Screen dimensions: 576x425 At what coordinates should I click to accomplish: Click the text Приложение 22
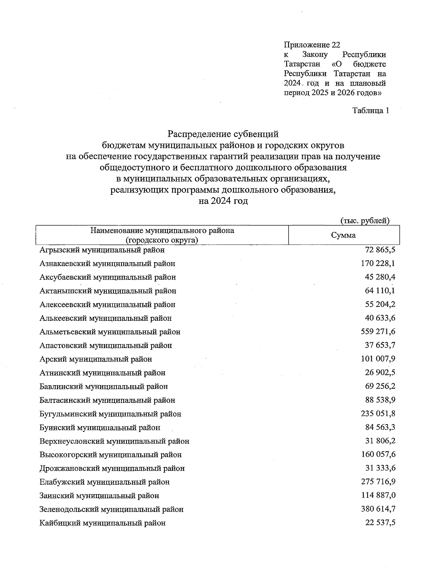click(x=312, y=45)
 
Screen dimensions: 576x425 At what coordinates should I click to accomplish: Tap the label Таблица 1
click(x=370, y=111)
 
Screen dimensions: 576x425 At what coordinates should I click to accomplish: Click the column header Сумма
click(x=343, y=235)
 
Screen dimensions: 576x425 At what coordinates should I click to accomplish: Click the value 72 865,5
click(x=380, y=250)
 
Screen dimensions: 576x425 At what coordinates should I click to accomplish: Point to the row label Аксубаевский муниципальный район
click(x=108, y=277)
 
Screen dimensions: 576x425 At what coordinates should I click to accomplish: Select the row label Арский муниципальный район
click(x=96, y=359)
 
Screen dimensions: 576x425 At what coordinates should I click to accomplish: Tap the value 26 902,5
click(x=380, y=372)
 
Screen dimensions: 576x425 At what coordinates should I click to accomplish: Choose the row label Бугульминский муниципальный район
click(x=110, y=414)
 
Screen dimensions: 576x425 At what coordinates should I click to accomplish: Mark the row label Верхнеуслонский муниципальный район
click(x=114, y=441)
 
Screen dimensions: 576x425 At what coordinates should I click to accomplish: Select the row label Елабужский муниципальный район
click(x=104, y=482)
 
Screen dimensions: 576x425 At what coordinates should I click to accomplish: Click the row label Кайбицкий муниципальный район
click(x=102, y=523)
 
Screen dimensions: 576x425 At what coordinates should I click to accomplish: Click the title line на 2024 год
click(x=223, y=201)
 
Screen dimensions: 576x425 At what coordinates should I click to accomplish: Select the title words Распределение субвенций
click(x=223, y=134)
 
